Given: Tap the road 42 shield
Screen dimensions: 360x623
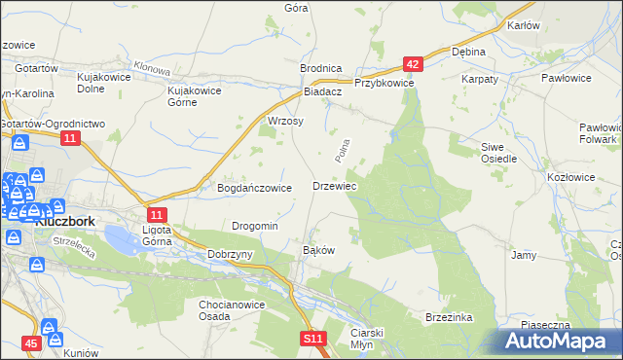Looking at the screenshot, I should [414, 65].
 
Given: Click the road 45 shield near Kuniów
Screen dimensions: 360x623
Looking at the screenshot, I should [32, 343].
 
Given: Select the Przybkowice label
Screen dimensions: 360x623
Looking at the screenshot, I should [385, 84].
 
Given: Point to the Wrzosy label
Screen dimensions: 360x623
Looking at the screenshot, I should [285, 122].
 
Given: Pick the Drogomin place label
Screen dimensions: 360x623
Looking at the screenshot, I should [255, 226].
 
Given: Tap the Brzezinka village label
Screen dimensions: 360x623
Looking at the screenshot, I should [449, 317].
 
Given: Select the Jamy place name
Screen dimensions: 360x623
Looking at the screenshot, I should [524, 255].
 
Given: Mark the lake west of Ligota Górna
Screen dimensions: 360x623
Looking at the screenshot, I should [119, 236].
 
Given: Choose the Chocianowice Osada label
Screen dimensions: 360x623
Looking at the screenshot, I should [229, 309].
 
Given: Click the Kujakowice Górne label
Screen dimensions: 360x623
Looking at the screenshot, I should [196, 95].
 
